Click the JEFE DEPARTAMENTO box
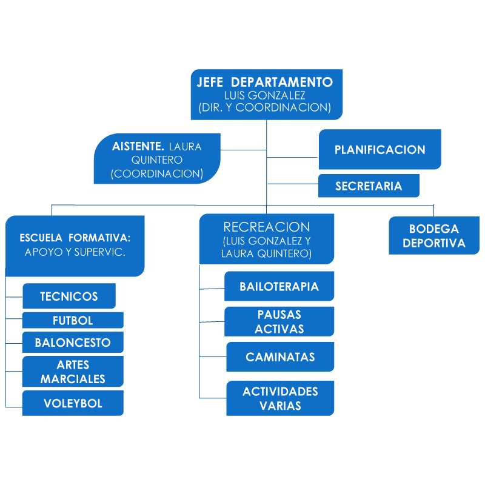[267, 94]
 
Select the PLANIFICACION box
[380, 150]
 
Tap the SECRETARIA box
[369, 186]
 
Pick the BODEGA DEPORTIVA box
[434, 236]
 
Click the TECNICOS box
[69, 296]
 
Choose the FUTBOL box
[73, 320]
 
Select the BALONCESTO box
[73, 343]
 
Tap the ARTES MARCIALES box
[73, 372]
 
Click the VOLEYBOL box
[73, 403]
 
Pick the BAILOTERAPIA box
[279, 287]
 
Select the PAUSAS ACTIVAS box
[279, 321]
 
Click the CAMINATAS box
[280, 357]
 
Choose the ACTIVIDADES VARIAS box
[280, 398]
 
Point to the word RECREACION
[267, 227]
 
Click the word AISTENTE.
[139, 147]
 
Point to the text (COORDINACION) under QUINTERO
[156, 173]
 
